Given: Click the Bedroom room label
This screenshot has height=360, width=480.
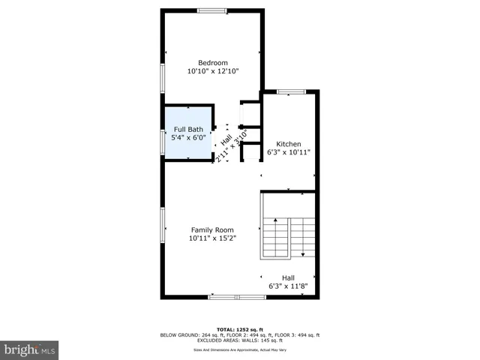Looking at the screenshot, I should click(212, 62).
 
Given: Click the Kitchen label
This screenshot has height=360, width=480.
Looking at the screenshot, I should click(289, 143).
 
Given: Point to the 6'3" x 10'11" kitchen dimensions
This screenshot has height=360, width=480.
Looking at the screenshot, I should click(289, 152).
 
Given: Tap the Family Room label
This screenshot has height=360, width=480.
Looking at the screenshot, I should click(212, 230).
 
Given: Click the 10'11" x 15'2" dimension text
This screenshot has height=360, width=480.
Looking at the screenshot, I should click(212, 239).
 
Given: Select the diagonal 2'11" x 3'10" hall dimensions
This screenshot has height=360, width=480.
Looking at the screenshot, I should click(232, 147).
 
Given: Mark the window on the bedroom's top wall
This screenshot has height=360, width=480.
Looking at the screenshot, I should click(213, 10).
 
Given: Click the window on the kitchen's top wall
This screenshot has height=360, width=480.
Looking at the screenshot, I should click(291, 91).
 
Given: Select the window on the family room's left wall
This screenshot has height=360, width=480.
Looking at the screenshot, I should click(163, 225).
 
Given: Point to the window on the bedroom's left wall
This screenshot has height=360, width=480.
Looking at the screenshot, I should click(163, 77).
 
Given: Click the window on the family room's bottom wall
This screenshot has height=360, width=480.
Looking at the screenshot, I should click(237, 297).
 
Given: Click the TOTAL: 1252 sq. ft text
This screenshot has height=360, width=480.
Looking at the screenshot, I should click(239, 329).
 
